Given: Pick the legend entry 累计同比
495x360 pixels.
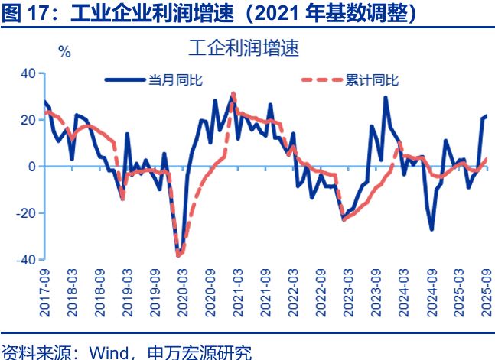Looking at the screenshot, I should [373, 79].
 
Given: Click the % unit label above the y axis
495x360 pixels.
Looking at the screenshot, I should [64, 53].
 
